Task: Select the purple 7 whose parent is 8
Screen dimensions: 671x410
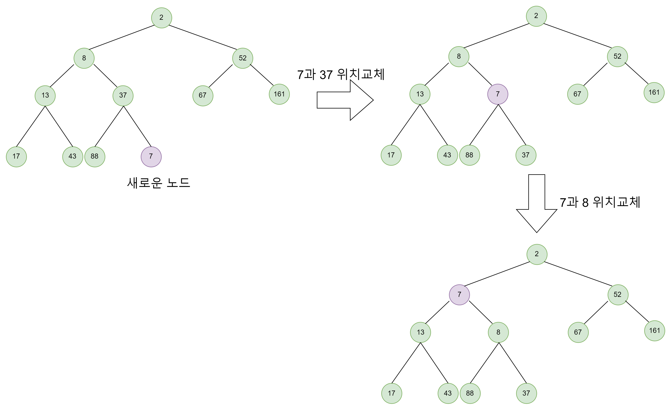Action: (x=498, y=94)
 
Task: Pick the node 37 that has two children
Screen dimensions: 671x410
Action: (x=123, y=96)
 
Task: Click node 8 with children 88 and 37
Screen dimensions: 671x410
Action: (x=498, y=332)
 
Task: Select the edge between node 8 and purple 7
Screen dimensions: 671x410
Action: (x=480, y=74)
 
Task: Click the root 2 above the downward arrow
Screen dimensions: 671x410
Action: (x=536, y=16)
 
